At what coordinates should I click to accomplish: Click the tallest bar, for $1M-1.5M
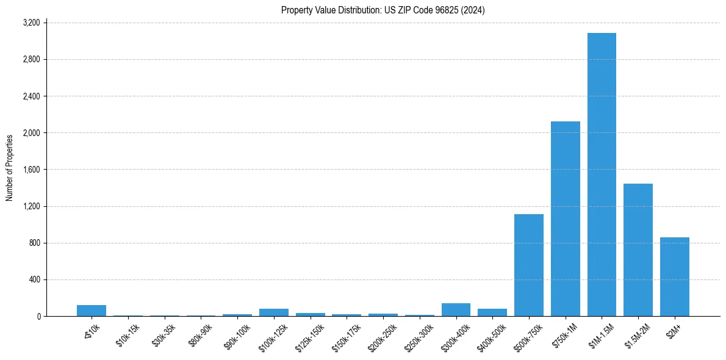click(602, 175)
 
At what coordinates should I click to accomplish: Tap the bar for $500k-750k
click(529, 265)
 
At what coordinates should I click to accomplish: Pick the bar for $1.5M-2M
click(638, 250)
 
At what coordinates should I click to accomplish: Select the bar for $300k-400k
click(456, 310)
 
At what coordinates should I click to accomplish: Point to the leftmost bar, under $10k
click(92, 311)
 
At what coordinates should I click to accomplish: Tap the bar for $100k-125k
click(274, 312)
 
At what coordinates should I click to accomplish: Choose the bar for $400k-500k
click(492, 312)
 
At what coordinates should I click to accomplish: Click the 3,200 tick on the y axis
click(31, 23)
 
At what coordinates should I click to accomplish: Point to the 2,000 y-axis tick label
click(31, 133)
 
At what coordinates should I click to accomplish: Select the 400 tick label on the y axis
click(35, 279)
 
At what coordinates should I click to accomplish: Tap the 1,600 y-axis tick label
click(31, 170)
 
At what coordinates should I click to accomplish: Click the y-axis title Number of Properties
click(10, 168)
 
